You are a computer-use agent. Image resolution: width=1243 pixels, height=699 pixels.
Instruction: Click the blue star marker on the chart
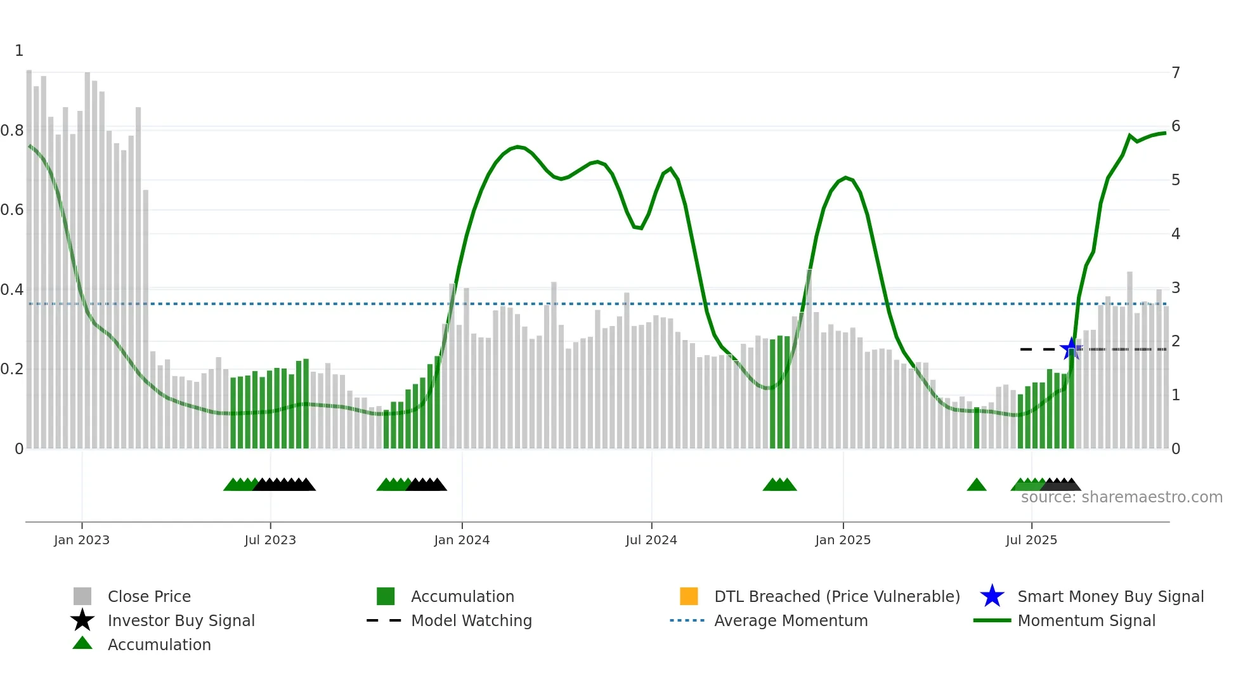1071,349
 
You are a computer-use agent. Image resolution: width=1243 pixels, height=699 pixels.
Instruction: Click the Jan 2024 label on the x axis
462,540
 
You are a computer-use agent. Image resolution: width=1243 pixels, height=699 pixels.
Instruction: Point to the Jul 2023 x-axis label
270,540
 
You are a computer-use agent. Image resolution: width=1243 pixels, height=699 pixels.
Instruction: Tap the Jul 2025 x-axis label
1031,540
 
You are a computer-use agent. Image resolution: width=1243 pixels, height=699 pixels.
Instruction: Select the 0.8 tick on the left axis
12,131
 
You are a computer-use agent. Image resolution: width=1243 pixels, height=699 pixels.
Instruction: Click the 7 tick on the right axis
1176,73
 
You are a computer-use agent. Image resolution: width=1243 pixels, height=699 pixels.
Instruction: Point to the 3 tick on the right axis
1176,288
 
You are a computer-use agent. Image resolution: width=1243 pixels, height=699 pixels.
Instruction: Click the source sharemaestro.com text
1121,497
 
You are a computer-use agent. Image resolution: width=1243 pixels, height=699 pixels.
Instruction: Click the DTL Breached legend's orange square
689,596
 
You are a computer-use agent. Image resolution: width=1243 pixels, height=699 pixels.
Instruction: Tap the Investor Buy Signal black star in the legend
82,620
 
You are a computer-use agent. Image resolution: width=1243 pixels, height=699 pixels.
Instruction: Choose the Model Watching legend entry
471,620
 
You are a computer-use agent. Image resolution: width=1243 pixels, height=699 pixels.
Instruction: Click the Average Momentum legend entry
790,620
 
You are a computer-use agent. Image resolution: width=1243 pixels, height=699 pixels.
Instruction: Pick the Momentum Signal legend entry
1086,620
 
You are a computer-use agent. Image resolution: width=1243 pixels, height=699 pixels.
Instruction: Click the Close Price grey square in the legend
82,596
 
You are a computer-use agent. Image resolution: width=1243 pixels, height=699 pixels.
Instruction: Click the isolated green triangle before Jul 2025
977,485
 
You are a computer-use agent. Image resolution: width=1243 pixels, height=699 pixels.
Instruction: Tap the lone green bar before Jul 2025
977,428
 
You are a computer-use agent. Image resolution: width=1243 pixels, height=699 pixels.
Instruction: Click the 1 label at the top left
19,51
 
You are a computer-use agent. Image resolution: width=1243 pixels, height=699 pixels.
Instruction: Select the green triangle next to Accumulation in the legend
82,643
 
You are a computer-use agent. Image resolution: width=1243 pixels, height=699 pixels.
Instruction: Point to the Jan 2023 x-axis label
82,540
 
